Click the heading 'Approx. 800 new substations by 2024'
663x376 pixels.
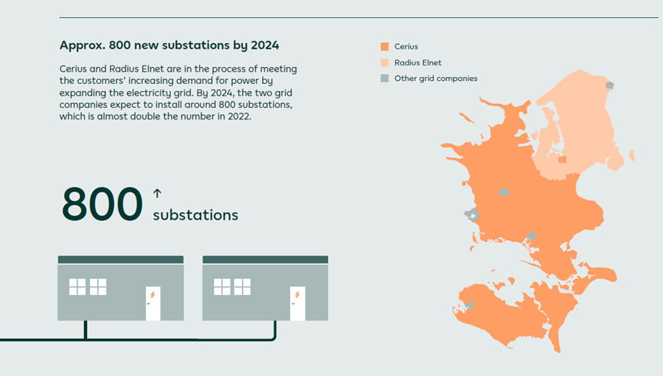169,45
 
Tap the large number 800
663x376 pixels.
103,204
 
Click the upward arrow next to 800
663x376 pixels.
157,193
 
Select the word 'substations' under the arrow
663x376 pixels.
195,215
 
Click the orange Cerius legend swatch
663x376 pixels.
385,47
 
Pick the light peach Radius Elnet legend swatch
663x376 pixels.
385,62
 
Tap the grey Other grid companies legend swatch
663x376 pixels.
385,79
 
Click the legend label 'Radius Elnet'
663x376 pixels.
417,62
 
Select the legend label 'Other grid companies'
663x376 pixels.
436,79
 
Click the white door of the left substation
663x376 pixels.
153,304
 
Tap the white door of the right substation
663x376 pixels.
298,304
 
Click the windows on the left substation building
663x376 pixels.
88,287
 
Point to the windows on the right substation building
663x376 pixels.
233,287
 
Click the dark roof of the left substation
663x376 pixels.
120,260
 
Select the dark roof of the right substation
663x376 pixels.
265,260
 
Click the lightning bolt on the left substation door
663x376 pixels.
153,294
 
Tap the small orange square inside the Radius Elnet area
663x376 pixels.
562,160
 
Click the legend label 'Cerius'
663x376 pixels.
406,47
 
